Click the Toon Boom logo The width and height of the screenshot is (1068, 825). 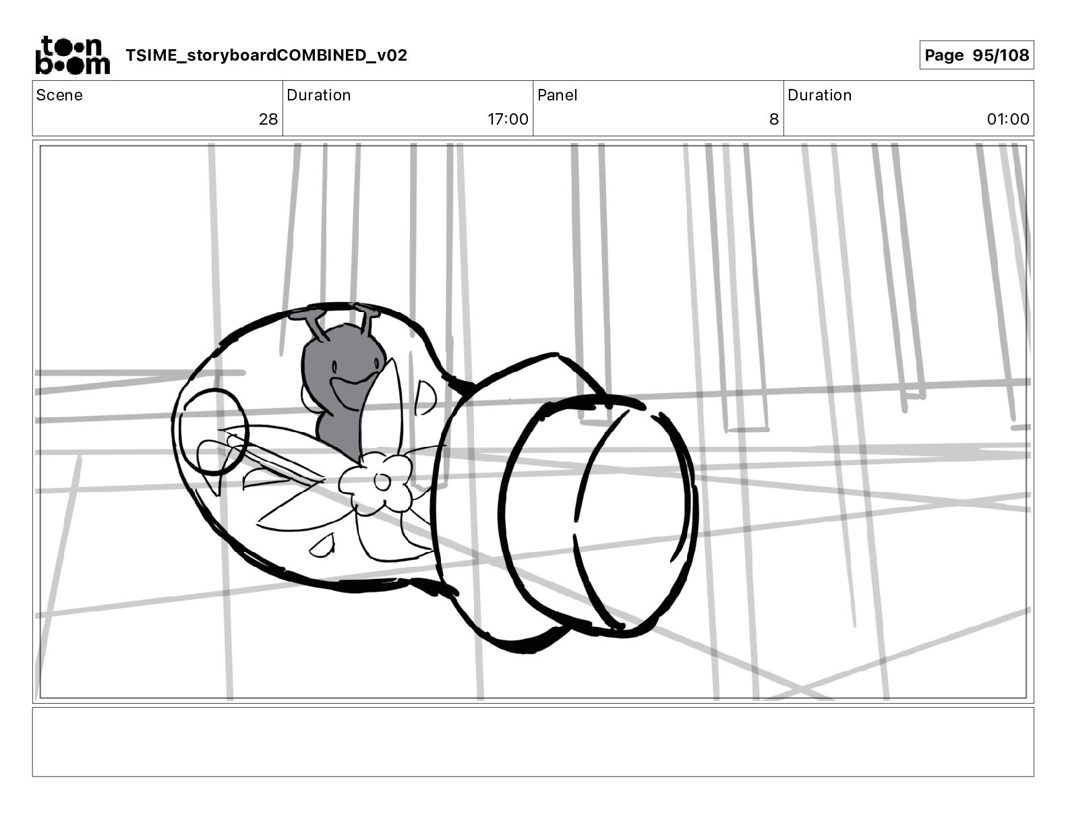(x=73, y=55)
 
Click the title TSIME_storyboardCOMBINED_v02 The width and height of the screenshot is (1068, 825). (x=266, y=55)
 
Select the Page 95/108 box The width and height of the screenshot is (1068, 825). (x=976, y=55)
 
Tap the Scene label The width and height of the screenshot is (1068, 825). (x=59, y=95)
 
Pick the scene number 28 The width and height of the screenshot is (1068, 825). (x=268, y=119)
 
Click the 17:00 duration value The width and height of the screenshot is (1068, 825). (x=508, y=119)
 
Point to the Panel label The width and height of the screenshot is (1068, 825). (x=558, y=95)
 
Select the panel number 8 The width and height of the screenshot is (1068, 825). (x=774, y=119)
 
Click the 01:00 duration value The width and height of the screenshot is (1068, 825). (x=1008, y=119)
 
